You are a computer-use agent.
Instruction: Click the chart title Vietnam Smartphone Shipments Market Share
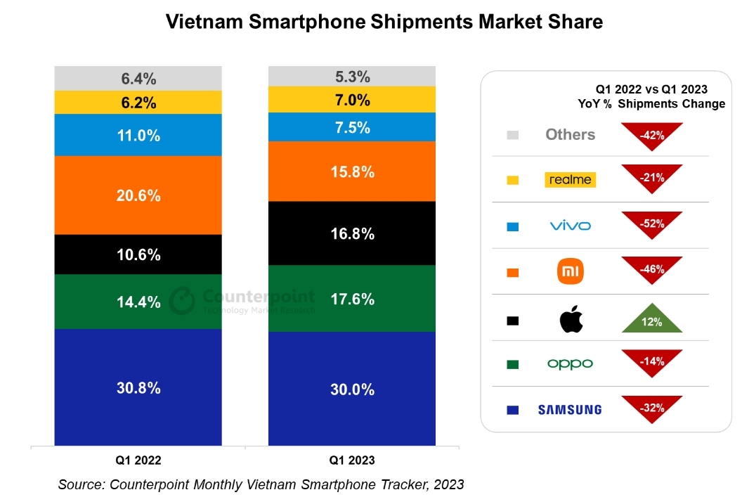click(384, 22)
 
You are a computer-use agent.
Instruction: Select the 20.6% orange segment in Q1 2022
click(138, 195)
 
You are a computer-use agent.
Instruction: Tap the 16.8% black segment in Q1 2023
click(352, 233)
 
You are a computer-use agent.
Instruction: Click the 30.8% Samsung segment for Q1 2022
click(138, 387)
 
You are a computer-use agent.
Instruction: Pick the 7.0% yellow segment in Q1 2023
click(352, 99)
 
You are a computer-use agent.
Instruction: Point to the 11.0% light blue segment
click(138, 135)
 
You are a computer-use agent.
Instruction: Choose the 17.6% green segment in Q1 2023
click(352, 298)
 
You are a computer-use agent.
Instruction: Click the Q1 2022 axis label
click(138, 460)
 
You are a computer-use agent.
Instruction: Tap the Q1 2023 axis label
click(352, 460)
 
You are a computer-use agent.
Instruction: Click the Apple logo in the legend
click(571, 319)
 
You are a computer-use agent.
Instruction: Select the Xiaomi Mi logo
click(571, 271)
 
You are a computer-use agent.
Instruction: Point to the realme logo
click(571, 180)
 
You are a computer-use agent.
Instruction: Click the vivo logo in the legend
click(571, 226)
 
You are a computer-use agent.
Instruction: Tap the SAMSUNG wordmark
click(570, 409)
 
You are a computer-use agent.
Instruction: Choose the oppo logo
click(571, 363)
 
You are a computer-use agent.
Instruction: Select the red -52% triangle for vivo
click(651, 223)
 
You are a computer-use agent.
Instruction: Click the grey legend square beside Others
click(512, 135)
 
